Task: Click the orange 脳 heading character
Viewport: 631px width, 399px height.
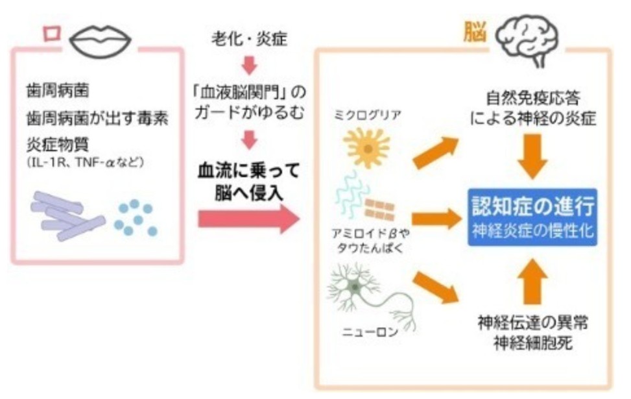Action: coord(475,32)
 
